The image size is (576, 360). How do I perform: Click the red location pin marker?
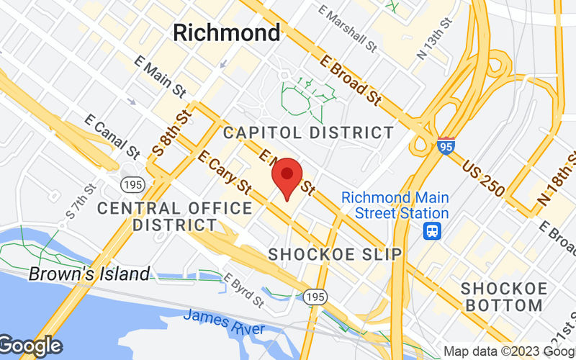287,176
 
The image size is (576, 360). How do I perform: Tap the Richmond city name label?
227,32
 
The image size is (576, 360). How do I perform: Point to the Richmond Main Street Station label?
395,205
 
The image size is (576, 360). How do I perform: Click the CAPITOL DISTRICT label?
308,132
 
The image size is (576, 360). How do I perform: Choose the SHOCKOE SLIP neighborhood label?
335,254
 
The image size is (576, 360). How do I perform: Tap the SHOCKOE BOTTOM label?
503,297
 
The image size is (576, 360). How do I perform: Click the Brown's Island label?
89,274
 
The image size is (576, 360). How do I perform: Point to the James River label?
224,322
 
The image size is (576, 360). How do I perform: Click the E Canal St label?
112,136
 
